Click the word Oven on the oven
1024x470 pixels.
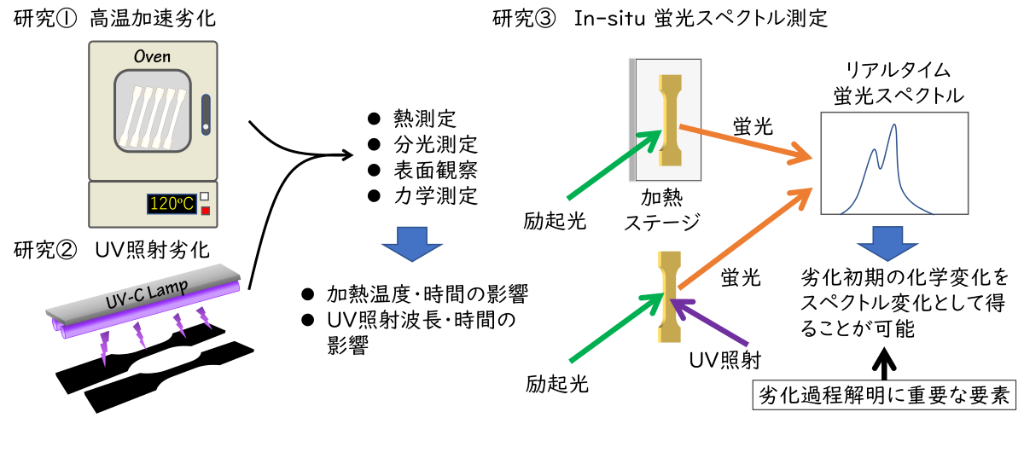(x=153, y=56)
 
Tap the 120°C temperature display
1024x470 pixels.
(x=172, y=204)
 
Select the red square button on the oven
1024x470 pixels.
(x=205, y=211)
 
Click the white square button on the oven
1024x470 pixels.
(x=205, y=197)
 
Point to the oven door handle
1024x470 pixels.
(x=206, y=114)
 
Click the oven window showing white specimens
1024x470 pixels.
(x=153, y=111)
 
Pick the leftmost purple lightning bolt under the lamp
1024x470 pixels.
(x=104, y=348)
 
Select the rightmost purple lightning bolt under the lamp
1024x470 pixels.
(x=203, y=318)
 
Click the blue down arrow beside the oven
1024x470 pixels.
(x=412, y=243)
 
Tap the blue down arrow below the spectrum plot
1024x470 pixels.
(x=887, y=243)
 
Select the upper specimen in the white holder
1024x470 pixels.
(x=670, y=119)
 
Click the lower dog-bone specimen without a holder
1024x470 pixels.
(x=670, y=296)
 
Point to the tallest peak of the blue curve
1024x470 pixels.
(x=894, y=125)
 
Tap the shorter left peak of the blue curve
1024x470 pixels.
(x=874, y=151)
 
